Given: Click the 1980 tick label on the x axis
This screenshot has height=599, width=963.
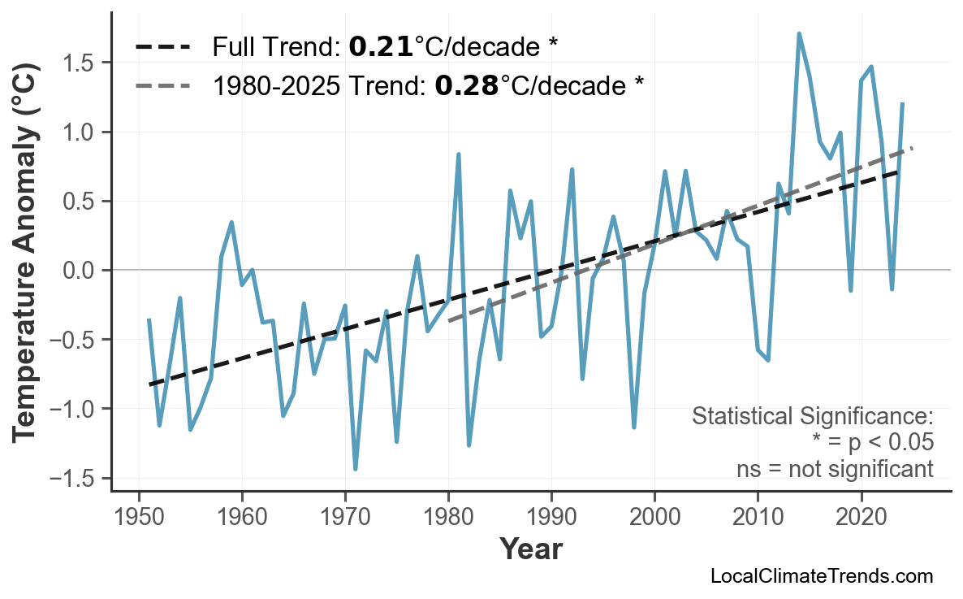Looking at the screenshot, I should click(448, 517).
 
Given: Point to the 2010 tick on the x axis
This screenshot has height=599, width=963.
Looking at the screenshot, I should click(758, 517).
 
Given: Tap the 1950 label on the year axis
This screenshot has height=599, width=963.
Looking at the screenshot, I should click(139, 517).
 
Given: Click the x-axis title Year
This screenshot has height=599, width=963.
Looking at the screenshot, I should click(530, 549).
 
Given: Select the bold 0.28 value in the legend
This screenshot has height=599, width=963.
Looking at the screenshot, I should click(466, 85).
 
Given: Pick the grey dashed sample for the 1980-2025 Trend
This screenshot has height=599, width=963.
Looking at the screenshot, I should click(162, 85).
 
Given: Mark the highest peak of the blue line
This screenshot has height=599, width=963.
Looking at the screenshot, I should click(799, 34).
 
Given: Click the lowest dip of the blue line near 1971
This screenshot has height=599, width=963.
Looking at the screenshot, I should click(356, 469).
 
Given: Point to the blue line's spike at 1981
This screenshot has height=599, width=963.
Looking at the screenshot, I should click(459, 154).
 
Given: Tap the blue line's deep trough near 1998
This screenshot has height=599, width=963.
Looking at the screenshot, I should click(634, 427).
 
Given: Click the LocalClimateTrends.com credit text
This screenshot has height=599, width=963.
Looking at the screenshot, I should click(821, 576).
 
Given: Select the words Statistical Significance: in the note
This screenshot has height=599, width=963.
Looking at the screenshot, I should click(812, 417).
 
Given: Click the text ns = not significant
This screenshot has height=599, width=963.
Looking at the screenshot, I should click(834, 469).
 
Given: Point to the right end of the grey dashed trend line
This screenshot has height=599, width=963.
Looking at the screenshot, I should click(913, 148).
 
